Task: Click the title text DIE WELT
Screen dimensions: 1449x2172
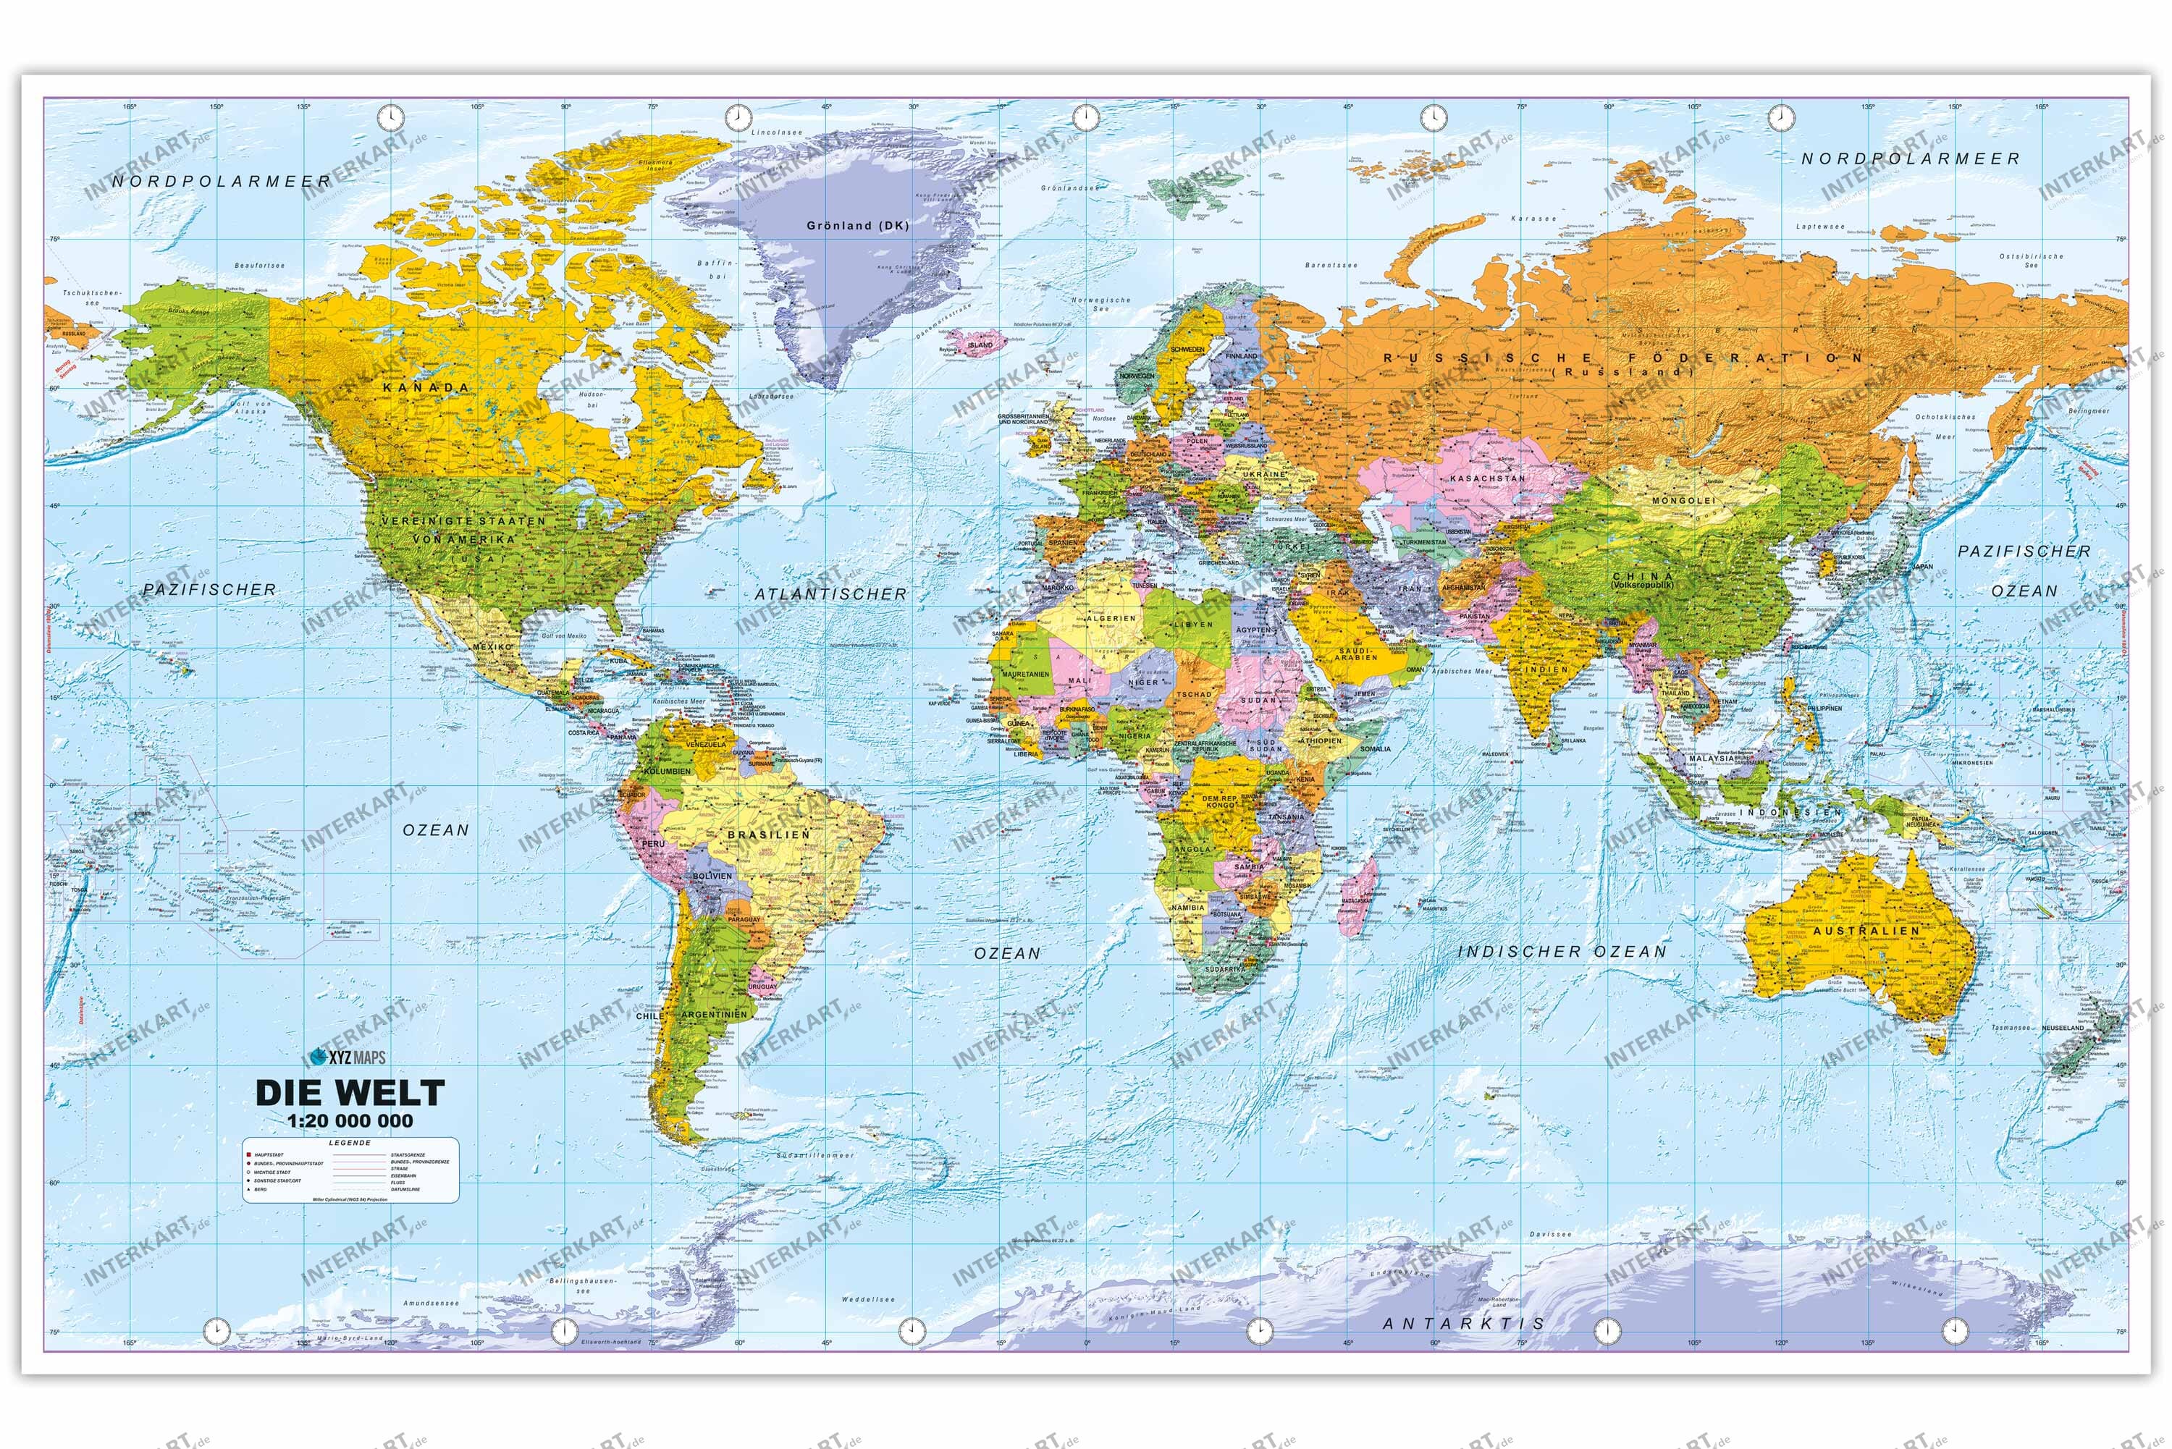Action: (350, 1093)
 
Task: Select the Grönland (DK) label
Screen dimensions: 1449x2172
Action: (858, 226)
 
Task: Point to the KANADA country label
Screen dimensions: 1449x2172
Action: (426, 388)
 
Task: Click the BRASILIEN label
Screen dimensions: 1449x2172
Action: (769, 835)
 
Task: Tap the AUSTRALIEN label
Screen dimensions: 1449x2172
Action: (1866, 931)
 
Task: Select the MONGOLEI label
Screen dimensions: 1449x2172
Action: (1683, 500)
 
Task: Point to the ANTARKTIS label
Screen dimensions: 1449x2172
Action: (1463, 1323)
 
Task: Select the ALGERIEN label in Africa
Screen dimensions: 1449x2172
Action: (1110, 618)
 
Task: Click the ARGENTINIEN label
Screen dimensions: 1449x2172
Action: (714, 1015)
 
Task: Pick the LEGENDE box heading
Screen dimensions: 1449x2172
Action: (350, 1143)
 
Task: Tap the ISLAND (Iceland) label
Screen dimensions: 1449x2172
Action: (980, 345)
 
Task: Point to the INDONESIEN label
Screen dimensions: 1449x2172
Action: (1779, 812)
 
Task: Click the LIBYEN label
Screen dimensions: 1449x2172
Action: (1193, 624)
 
